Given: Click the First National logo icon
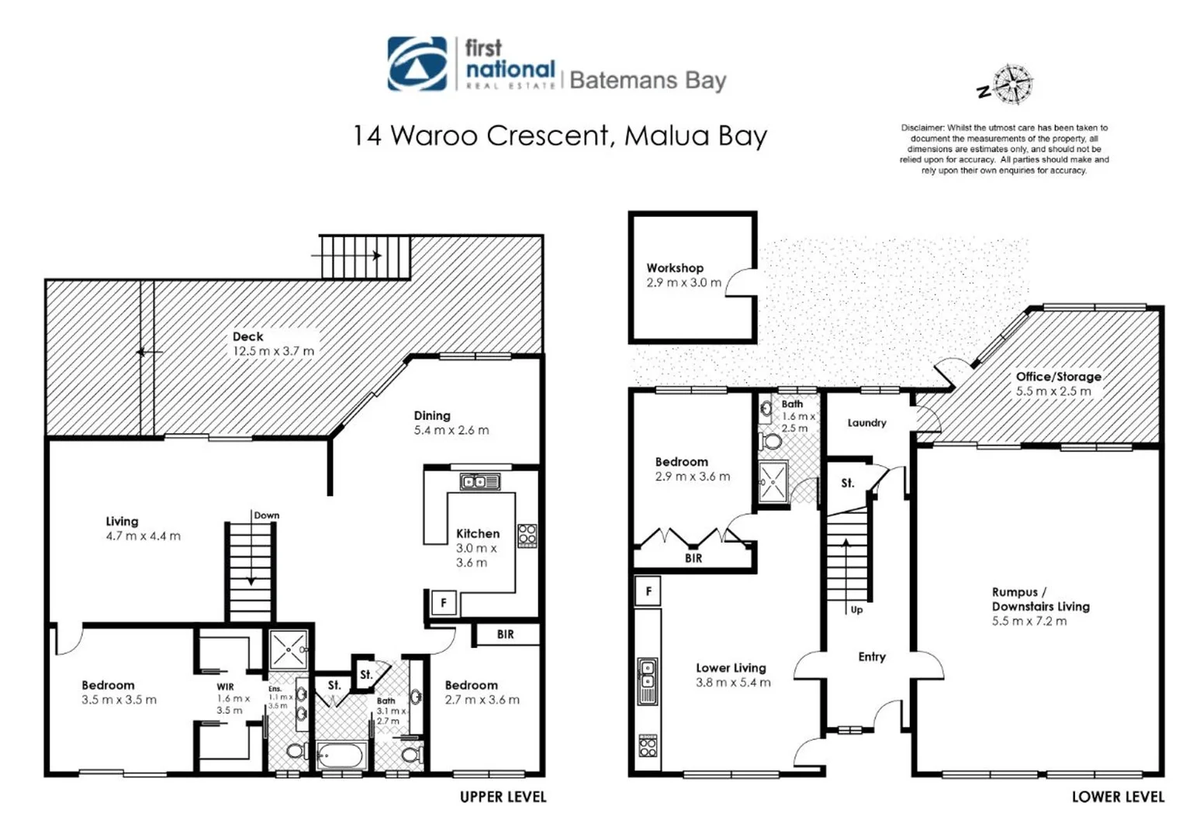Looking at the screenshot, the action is [x=417, y=64].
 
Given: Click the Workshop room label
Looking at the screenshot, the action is [x=675, y=267].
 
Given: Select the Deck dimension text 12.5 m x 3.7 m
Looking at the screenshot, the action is [x=273, y=351].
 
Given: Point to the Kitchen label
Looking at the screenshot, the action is [x=478, y=533].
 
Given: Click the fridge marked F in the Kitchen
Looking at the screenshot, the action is [x=443, y=604].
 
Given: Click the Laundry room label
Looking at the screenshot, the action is [x=866, y=423].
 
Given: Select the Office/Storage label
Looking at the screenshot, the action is [x=1058, y=377].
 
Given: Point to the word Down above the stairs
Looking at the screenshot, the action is [x=266, y=515].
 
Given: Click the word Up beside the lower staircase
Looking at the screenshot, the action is [x=856, y=610].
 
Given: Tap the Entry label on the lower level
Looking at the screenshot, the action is [x=872, y=656].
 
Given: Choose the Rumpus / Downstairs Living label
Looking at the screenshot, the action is [x=1040, y=599].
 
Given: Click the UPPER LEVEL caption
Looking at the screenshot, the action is [x=503, y=797].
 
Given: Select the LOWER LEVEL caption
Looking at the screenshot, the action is [x=1118, y=797].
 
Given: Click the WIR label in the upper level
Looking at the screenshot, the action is [x=225, y=687].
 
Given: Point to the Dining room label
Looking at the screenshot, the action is [x=432, y=415].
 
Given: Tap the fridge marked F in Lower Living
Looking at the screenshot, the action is [x=648, y=591].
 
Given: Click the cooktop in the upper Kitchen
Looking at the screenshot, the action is [x=527, y=536].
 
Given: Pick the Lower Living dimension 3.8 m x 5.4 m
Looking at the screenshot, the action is [x=733, y=682].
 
